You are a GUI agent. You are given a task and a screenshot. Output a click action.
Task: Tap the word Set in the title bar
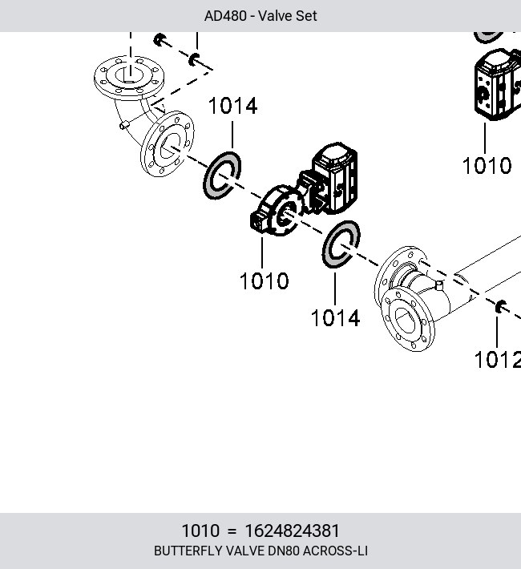tap(307, 16)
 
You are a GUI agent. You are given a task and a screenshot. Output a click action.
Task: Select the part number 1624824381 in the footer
tap(293, 531)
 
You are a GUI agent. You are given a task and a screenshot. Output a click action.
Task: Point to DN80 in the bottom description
tap(283, 551)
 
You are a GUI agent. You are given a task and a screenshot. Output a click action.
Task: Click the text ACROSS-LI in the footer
tap(335, 551)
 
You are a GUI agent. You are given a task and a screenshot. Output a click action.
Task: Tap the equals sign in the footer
tap(232, 531)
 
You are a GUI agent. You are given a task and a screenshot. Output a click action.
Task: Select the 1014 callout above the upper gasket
tap(233, 106)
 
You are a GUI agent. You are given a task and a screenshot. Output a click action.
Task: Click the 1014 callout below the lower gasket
tap(336, 318)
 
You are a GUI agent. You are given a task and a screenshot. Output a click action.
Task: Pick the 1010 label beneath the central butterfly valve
tap(265, 280)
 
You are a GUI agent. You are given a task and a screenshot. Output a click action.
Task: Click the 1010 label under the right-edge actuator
tap(487, 165)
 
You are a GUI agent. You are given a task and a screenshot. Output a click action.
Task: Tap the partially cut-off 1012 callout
tap(498, 360)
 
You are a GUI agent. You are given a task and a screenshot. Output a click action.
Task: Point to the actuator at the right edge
tap(498, 84)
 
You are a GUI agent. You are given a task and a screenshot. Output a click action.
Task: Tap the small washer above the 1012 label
tap(501, 307)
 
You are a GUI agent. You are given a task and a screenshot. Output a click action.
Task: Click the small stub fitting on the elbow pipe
tap(124, 125)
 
